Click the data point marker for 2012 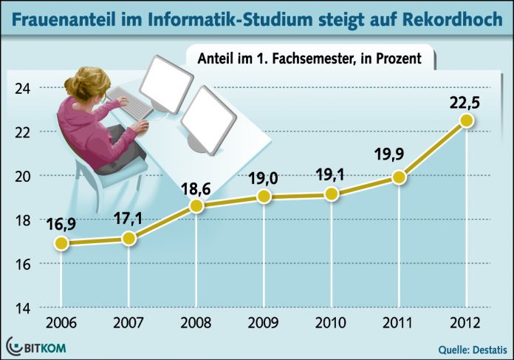pos(466,120)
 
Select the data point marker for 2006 pos(62,242)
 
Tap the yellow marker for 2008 pos(196,206)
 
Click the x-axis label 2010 pos(332,324)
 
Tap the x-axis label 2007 pos(129,324)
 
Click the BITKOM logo pos(37,346)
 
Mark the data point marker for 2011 pos(400,177)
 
